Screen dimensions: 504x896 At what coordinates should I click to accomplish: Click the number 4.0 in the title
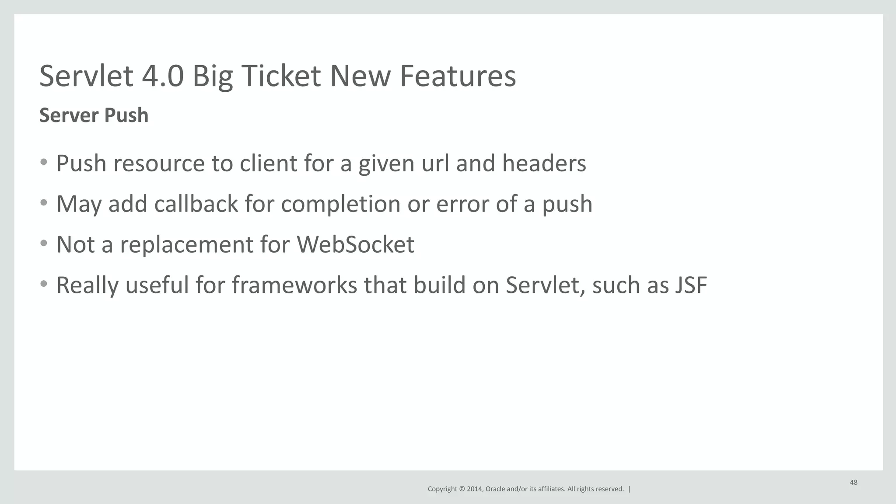[162, 76]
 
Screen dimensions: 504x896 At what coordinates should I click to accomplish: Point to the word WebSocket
[355, 244]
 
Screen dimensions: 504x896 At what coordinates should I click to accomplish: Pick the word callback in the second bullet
[196, 204]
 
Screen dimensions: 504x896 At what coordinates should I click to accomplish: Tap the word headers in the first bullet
[544, 163]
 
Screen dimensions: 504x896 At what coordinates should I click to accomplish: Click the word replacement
[187, 244]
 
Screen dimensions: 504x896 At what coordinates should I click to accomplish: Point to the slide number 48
[853, 483]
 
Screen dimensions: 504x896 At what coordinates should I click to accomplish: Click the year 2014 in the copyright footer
[474, 489]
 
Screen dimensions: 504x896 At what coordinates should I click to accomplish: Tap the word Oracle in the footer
[495, 489]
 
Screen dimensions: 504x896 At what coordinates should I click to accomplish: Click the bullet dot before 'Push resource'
[43, 163]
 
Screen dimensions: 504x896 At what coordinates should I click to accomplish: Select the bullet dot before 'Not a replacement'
[43, 243]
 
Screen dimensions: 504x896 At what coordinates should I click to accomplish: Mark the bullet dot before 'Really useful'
[43, 284]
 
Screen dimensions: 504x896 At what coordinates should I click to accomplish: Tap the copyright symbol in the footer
[461, 489]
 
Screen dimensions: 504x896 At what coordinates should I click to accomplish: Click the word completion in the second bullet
[340, 205]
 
